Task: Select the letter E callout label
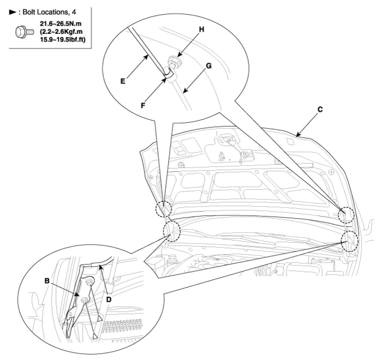tap(123, 81)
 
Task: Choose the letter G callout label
tap(208, 66)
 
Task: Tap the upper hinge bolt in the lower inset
tap(89, 282)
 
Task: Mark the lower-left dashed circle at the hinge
tap(171, 230)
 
